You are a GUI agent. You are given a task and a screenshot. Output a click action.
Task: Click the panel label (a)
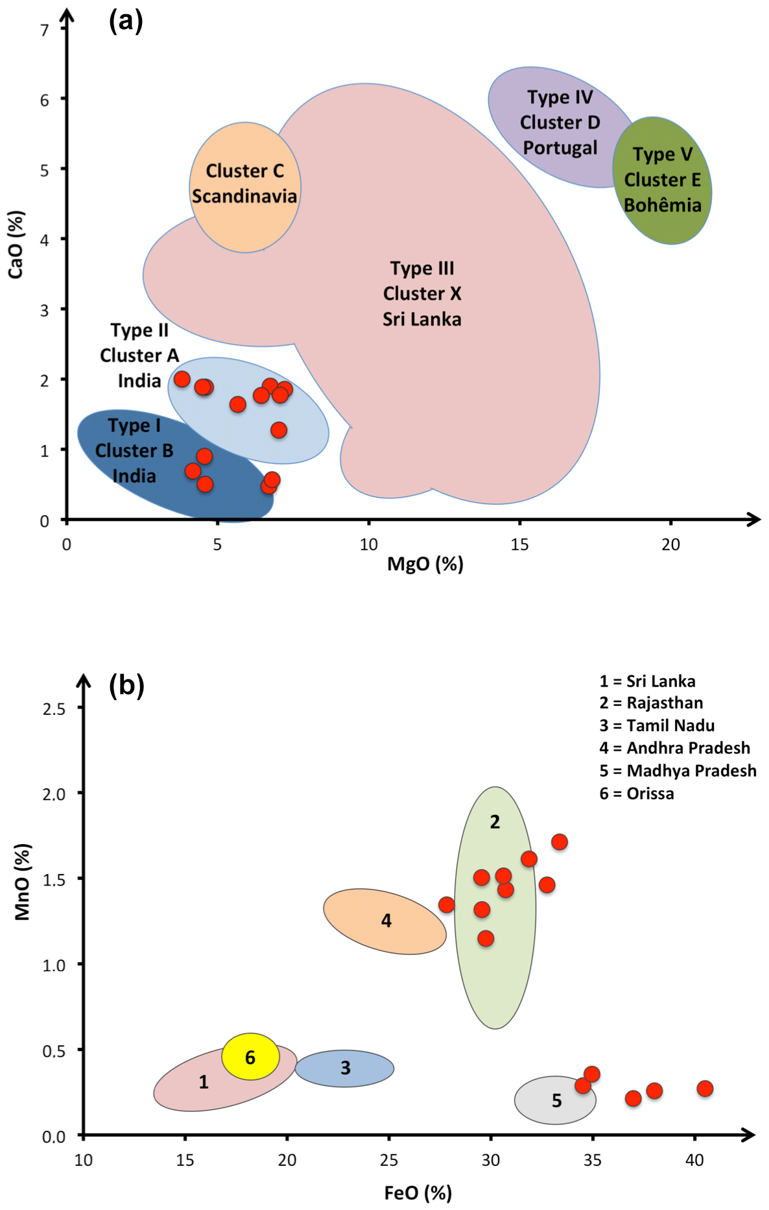pyautogui.click(x=126, y=21)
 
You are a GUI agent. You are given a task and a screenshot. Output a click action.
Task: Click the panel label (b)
pyautogui.click(x=126, y=685)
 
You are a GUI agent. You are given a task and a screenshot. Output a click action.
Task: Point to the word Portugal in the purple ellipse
pyautogui.click(x=560, y=148)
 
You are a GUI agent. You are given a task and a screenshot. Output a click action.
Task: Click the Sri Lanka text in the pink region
pyautogui.click(x=421, y=319)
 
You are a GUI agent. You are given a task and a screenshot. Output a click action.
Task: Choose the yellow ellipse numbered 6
pyautogui.click(x=250, y=1057)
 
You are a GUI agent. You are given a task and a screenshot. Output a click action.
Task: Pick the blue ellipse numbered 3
pyautogui.click(x=345, y=1068)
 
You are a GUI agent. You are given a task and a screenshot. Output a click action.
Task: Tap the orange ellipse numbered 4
pyautogui.click(x=385, y=921)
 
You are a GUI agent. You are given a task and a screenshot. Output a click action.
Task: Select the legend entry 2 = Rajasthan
pyautogui.click(x=651, y=703)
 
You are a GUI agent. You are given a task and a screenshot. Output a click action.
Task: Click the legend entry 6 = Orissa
pyautogui.click(x=637, y=793)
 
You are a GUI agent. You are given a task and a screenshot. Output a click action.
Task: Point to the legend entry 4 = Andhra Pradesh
pyautogui.click(x=674, y=748)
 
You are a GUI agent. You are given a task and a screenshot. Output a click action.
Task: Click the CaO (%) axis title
pyautogui.click(x=16, y=245)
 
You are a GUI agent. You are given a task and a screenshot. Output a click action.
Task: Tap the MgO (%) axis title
pyautogui.click(x=425, y=564)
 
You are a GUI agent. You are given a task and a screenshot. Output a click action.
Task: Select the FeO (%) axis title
pyautogui.click(x=418, y=1192)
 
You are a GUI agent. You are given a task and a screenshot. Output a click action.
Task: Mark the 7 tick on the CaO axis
pyautogui.click(x=44, y=30)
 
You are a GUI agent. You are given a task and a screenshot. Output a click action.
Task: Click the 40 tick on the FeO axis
pyautogui.click(x=694, y=1161)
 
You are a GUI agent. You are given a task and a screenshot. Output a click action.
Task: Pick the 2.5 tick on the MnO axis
pyautogui.click(x=54, y=708)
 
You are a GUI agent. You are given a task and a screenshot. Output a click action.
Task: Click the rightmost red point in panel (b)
pyautogui.click(x=705, y=1088)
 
